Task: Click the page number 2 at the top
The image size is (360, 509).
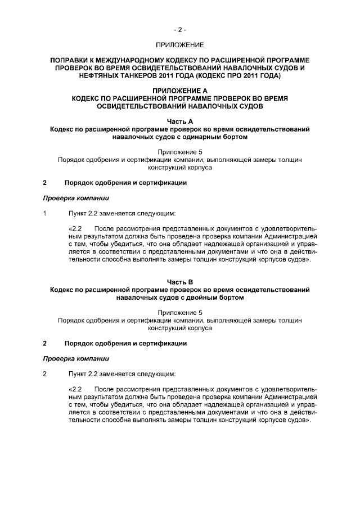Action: (x=179, y=29)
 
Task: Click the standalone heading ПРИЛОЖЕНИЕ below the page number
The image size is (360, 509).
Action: (x=179, y=44)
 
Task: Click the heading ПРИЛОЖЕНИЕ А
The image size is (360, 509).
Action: (x=179, y=90)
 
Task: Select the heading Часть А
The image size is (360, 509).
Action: (x=179, y=121)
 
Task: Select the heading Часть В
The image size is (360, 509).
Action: (x=179, y=282)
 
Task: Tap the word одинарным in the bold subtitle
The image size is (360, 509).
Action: (x=204, y=137)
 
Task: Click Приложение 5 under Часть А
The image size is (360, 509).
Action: (x=179, y=152)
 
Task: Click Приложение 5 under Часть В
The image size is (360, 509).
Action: (x=179, y=312)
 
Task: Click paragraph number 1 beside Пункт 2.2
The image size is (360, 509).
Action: (x=45, y=214)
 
